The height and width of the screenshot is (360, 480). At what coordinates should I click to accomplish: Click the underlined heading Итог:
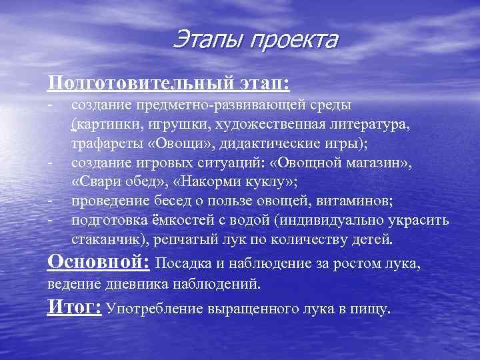click(74, 307)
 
